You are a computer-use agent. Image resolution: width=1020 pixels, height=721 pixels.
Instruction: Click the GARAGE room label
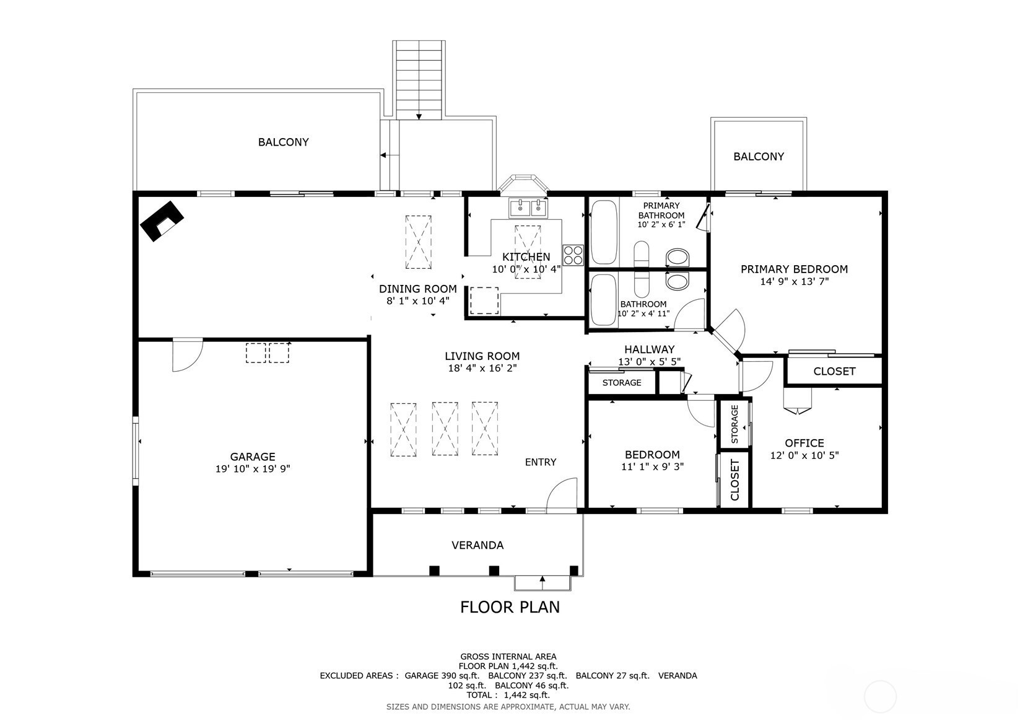click(x=252, y=457)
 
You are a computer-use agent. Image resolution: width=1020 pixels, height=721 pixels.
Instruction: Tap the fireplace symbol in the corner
click(x=161, y=221)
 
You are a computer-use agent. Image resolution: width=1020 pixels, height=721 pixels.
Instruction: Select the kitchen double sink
click(x=528, y=208)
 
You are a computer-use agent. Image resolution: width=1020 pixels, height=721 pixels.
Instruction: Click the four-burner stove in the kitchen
click(x=573, y=255)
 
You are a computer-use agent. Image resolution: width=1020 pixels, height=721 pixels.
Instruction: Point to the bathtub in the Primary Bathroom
click(x=604, y=232)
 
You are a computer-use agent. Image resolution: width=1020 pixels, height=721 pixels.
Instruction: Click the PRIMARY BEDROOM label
click(x=794, y=269)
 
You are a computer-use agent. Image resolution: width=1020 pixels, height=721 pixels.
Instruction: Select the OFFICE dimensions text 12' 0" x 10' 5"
click(x=804, y=455)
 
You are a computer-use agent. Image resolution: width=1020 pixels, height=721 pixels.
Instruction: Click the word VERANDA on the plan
click(x=477, y=545)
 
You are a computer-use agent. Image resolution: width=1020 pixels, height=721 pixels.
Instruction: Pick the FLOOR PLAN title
click(x=510, y=607)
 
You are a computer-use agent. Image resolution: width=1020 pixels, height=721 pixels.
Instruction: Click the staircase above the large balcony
click(x=419, y=80)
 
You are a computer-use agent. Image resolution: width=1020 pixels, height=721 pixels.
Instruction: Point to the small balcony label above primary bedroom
click(x=759, y=157)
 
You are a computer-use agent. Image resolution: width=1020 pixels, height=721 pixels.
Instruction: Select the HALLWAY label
click(x=649, y=349)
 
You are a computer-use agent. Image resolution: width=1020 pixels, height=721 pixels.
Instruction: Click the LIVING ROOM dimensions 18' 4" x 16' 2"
click(x=482, y=368)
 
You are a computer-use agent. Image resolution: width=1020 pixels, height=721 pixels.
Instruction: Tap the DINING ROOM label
click(x=417, y=289)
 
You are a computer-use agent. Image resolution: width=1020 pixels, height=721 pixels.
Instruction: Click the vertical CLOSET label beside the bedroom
click(x=734, y=479)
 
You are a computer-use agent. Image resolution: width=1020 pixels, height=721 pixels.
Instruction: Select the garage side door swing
click(x=187, y=355)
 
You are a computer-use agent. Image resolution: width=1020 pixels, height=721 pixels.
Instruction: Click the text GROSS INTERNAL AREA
click(x=508, y=657)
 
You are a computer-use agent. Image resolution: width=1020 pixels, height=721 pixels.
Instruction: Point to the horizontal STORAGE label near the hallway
click(x=622, y=383)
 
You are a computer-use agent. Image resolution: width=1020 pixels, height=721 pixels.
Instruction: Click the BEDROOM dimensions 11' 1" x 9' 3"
click(x=653, y=466)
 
